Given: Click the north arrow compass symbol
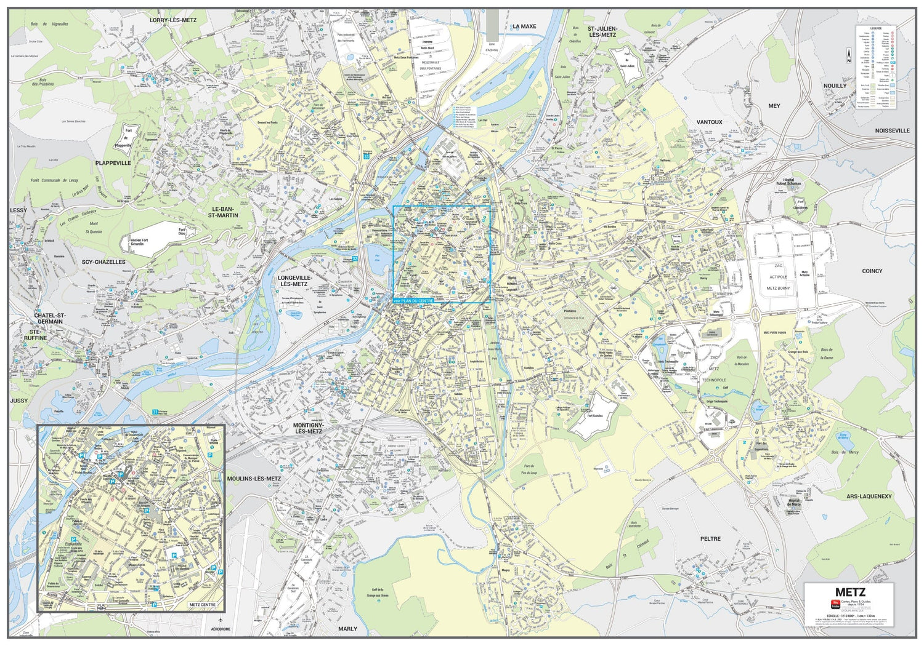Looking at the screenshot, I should coord(848,57).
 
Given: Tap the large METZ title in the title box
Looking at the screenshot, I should coord(850,592).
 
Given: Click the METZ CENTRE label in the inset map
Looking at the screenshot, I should coord(202,605).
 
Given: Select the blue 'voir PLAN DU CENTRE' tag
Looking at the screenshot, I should coord(417,300).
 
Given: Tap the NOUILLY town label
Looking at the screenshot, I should coord(835,86).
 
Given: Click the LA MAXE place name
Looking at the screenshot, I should coord(524,26).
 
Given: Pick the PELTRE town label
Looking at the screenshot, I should coord(710,538).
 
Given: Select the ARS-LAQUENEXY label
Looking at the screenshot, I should coord(869,496).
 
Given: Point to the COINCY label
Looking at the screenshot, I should coord(872,271).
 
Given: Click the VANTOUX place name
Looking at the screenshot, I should coord(709,122).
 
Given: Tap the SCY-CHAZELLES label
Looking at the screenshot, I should coord(103,262).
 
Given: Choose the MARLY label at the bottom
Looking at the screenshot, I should coord(347,629).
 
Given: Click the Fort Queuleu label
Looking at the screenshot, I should coord(582,416).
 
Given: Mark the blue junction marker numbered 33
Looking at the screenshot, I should coord(367,157).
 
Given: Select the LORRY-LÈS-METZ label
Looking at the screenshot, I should coord(173,20).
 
